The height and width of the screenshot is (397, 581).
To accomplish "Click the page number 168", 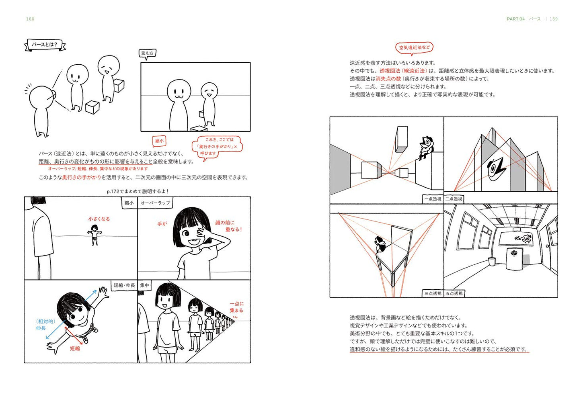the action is (x=30, y=19).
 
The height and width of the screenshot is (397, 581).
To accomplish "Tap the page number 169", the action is (x=554, y=19).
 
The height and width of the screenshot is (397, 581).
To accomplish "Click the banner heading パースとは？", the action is (x=45, y=45).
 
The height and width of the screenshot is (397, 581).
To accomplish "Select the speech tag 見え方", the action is (x=147, y=53).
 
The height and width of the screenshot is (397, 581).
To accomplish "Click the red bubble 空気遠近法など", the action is (x=414, y=48).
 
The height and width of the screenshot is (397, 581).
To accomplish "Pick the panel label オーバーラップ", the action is (x=155, y=203).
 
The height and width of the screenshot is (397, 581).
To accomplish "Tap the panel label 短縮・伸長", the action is (x=124, y=285).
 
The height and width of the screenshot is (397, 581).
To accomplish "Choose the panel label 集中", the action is (x=144, y=285).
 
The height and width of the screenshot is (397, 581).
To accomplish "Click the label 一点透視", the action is (x=433, y=199).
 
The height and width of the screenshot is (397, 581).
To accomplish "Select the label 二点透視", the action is (x=454, y=199).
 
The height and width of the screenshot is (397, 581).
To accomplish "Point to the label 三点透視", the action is (x=433, y=293).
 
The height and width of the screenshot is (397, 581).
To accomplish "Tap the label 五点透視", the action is (x=454, y=293).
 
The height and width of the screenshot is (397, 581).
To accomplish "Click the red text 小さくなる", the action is (x=99, y=219).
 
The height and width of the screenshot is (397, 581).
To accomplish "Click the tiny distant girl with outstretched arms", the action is (x=94, y=235).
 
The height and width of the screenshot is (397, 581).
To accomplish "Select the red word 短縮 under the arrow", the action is (x=75, y=348).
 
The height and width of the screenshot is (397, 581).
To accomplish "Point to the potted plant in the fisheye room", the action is (x=491, y=261).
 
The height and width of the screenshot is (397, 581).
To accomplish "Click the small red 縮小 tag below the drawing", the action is (x=159, y=141).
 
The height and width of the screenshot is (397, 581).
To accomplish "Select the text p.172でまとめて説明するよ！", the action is (x=138, y=192).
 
